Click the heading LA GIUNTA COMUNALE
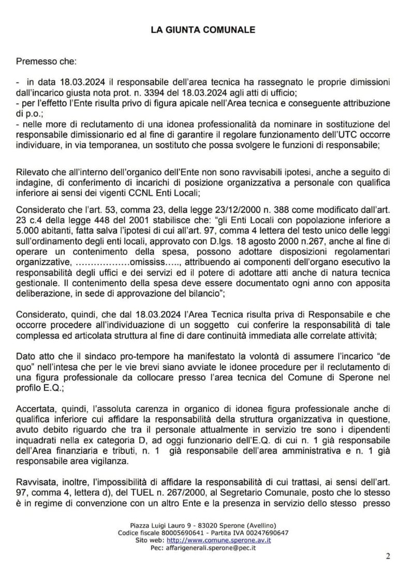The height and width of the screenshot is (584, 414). click(x=203, y=30)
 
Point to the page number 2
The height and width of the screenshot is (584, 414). click(x=388, y=557)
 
